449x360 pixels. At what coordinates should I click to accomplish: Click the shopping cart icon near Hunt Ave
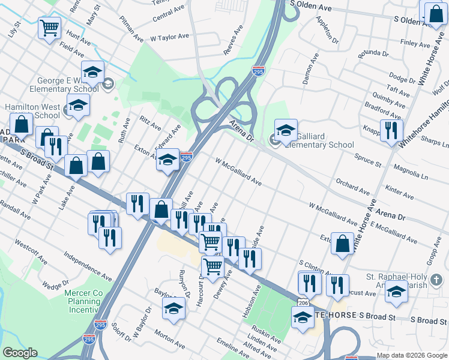coord(50,27)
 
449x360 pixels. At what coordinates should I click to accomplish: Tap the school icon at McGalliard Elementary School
coord(286,130)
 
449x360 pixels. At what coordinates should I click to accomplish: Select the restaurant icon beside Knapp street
coord(391,130)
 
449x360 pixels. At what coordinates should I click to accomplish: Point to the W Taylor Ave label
coord(169,37)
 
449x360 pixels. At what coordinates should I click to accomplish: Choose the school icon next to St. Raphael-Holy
coord(396,292)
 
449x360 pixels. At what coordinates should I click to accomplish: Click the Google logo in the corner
coord(20,353)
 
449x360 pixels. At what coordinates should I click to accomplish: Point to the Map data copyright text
coord(411,355)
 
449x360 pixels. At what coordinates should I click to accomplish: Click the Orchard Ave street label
coord(353,186)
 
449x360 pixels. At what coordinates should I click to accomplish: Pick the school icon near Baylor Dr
coord(173,310)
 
